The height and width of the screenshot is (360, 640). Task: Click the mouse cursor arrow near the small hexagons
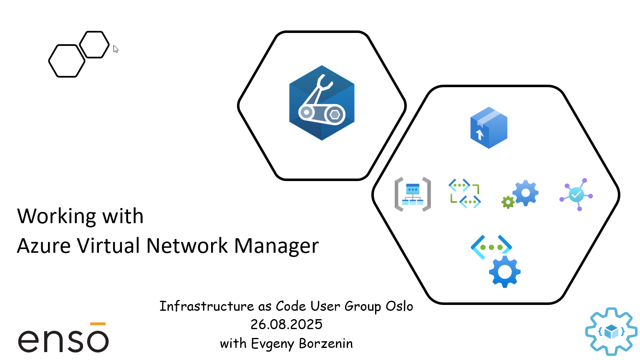click(x=116, y=49)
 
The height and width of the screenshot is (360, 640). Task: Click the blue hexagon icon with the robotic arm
click(x=322, y=103)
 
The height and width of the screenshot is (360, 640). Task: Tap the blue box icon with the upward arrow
click(x=489, y=128)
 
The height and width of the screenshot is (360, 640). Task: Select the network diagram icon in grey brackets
click(x=413, y=194)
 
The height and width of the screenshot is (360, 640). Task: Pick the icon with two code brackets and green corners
click(x=464, y=194)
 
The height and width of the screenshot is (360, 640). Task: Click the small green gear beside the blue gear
click(x=508, y=202)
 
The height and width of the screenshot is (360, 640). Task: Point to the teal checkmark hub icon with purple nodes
click(x=576, y=194)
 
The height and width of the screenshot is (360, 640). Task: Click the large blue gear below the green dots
click(x=505, y=272)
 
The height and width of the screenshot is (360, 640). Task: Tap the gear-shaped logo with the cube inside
click(x=611, y=332)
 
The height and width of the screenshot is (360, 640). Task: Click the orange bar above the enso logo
click(x=98, y=324)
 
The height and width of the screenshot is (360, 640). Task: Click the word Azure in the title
click(x=44, y=246)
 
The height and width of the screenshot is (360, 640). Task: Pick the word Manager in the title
click(x=276, y=246)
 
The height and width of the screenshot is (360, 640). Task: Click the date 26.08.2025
click(x=286, y=325)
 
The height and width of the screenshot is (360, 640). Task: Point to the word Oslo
click(x=399, y=306)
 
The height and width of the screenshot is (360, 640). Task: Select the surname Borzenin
click(x=326, y=343)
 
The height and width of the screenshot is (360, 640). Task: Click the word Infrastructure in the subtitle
click(x=207, y=306)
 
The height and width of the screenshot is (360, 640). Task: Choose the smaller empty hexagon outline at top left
click(x=94, y=44)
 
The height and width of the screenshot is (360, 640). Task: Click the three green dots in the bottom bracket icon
click(x=491, y=247)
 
